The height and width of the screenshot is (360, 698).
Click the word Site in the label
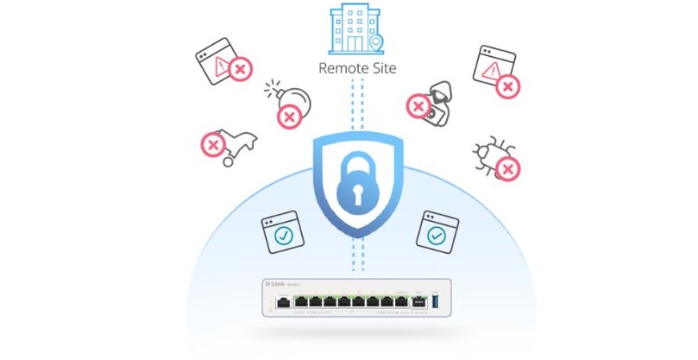click(x=382, y=67)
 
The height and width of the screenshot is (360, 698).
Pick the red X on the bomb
click(x=288, y=117)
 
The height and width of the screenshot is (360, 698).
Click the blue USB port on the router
click(x=434, y=303)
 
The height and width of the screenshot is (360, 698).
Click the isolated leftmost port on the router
click(x=282, y=303)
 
